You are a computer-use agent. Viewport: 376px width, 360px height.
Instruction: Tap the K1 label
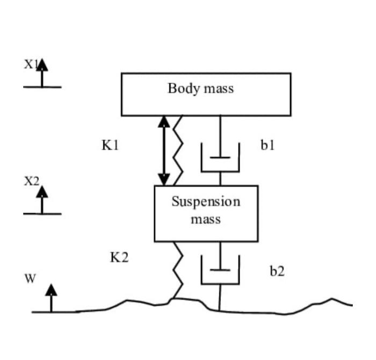[110, 145]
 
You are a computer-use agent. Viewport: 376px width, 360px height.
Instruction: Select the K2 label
[119, 257]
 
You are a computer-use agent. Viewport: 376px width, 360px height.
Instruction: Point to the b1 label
[267, 145]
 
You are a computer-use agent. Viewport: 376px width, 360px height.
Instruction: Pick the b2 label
[277, 271]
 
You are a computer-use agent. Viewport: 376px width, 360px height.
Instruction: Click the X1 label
[30, 64]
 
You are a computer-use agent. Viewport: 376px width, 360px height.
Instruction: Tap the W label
[30, 278]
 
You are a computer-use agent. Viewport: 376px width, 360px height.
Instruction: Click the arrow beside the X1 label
[42, 74]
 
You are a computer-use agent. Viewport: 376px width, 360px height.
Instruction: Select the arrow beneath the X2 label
[42, 200]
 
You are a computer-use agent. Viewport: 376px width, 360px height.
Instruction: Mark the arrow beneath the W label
[51, 298]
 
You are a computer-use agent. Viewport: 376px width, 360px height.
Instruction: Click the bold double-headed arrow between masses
[164, 150]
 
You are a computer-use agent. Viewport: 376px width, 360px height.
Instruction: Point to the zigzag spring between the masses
[177, 150]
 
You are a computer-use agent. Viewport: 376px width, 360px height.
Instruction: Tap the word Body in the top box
[180, 88]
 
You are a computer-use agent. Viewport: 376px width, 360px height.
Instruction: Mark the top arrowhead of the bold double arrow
[164, 121]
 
